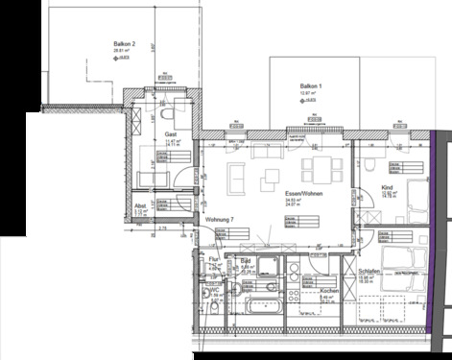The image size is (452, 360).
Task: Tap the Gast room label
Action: click(x=170, y=134)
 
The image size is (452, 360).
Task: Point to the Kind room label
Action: click(x=388, y=188)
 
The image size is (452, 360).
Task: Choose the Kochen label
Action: click(x=328, y=291)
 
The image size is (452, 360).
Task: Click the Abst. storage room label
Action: click(x=140, y=205)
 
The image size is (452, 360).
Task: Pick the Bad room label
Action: click(x=245, y=261)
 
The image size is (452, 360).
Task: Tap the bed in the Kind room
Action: click(x=415, y=202)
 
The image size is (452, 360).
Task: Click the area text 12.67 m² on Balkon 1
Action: click(x=310, y=94)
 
